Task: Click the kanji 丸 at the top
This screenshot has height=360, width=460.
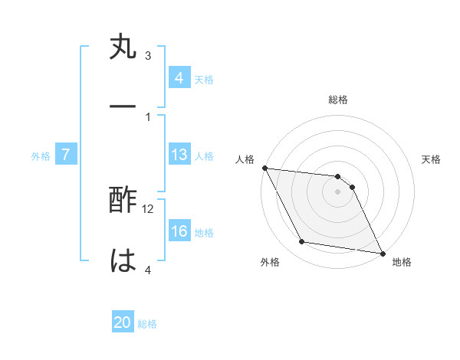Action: tap(123, 50)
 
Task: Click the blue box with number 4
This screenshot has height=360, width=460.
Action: tap(179, 78)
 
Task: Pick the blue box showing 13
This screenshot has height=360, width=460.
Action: tap(179, 155)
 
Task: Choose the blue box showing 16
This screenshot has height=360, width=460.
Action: tap(179, 232)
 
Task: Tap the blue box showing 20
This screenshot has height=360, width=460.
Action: tap(123, 323)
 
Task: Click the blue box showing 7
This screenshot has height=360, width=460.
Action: tap(66, 155)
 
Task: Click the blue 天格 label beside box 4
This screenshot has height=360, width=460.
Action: tap(203, 79)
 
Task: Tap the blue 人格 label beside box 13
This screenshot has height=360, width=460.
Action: tap(203, 156)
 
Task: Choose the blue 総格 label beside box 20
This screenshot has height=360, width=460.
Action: tap(147, 324)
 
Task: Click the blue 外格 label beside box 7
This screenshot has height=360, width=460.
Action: tap(41, 156)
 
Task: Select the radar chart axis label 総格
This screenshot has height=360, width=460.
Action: tap(337, 100)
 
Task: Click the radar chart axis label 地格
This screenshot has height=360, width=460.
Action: tap(402, 262)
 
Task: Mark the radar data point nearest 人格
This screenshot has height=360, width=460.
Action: tap(264, 168)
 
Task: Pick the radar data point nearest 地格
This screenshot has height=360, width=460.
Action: tap(382, 253)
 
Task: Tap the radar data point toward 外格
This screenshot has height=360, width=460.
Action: tap(302, 243)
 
